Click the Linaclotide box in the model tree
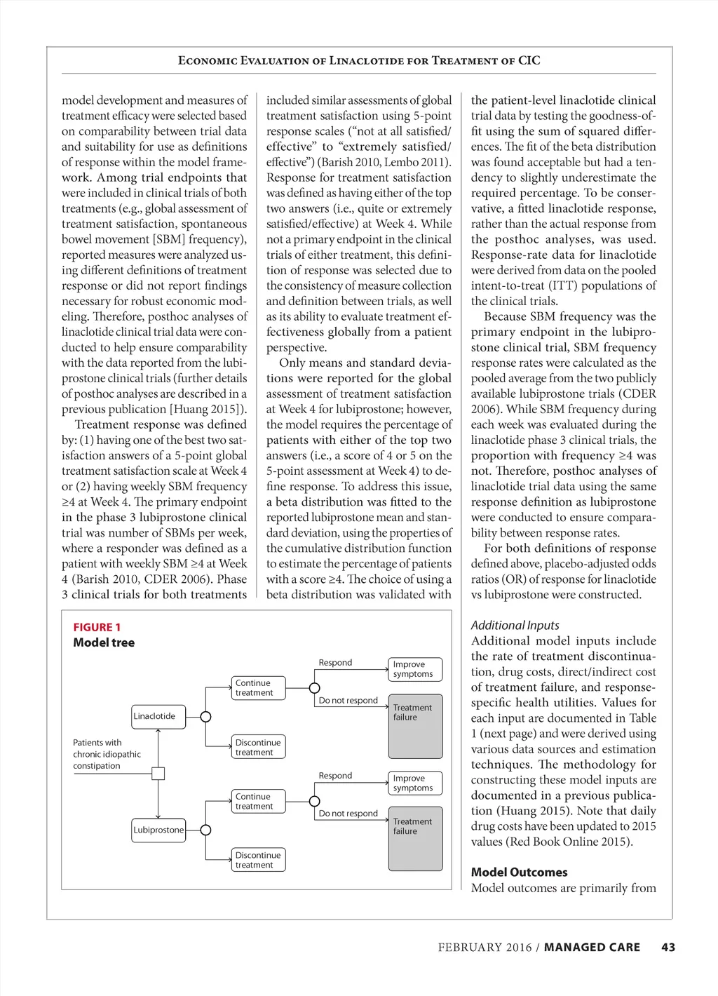(x=158, y=717)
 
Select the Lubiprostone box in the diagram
(x=158, y=830)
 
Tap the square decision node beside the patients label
(x=158, y=774)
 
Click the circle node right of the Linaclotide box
(x=205, y=717)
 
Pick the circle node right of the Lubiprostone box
(x=205, y=830)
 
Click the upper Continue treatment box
(x=259, y=688)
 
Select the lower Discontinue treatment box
(x=259, y=860)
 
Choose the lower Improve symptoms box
(x=415, y=783)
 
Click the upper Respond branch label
(x=335, y=663)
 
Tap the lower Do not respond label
(x=348, y=814)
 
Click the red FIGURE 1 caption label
(x=97, y=627)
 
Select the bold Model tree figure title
(x=104, y=642)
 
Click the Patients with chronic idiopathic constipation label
(x=107, y=754)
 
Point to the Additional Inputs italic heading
(x=515, y=625)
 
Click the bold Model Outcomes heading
(x=520, y=873)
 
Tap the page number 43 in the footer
(x=668, y=948)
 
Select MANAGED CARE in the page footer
(x=592, y=948)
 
